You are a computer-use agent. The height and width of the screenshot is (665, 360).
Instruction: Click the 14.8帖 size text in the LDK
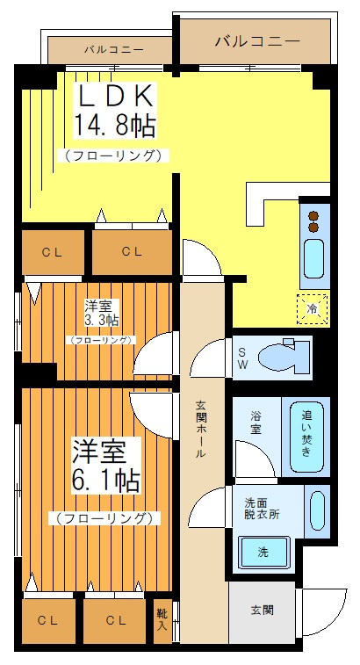click(115, 126)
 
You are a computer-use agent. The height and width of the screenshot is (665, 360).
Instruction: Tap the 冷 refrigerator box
click(312, 308)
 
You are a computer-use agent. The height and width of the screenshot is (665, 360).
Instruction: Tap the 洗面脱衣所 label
click(262, 510)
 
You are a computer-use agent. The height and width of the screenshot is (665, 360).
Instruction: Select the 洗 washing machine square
click(263, 553)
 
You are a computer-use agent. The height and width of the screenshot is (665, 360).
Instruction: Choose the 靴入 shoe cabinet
click(162, 620)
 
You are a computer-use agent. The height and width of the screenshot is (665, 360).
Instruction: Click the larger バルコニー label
click(256, 40)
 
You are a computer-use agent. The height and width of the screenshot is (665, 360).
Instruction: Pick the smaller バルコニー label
click(114, 49)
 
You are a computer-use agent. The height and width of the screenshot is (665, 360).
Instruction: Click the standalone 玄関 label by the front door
click(262, 610)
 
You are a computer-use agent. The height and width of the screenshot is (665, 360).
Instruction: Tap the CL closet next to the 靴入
click(116, 620)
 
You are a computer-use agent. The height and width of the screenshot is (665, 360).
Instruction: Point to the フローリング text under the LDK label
click(114, 155)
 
